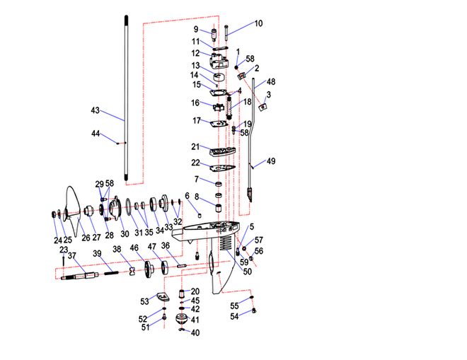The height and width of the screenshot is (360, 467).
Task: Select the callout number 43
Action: [95, 110]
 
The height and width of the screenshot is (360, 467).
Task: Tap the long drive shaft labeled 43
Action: [126, 98]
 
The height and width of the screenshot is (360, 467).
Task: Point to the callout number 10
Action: [258, 23]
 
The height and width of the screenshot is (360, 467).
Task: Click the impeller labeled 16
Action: [219, 108]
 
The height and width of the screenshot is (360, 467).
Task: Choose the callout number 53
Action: [144, 301]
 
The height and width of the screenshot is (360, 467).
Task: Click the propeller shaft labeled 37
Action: [80, 276]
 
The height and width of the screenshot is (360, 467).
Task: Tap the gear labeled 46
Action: [149, 269]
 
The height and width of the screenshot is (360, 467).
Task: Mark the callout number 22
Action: [195, 163]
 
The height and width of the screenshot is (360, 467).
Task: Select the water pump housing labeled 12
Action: [219, 62]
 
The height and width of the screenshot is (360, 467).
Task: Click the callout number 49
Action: [271, 161]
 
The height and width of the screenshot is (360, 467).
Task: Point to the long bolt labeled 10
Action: [226, 33]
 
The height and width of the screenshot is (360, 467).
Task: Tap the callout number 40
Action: [195, 332]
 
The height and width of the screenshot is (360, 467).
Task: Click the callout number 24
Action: [58, 240]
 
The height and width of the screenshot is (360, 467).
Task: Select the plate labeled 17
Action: [219, 124]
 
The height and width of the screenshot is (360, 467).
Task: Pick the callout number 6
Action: [187, 196]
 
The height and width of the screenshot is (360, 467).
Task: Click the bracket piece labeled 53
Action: [163, 296]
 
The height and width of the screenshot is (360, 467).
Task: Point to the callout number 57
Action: [259, 240]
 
